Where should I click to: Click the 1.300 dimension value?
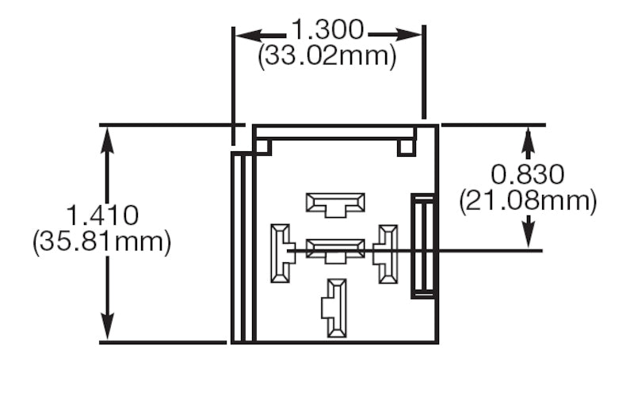coord(327,31)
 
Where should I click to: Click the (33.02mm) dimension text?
coord(327,57)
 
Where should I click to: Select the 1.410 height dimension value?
coord(102,215)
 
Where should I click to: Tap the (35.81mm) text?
coord(102,242)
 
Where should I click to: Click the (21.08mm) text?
coord(528,200)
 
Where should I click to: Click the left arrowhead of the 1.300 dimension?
coord(241,36)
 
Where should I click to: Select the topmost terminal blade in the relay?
coord(336,203)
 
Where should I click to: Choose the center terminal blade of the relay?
coord(336,250)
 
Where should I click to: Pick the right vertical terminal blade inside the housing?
coord(388,253)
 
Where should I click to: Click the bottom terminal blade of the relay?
coord(336,306)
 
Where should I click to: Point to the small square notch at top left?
coord(264,146)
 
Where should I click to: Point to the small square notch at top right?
coord(406,146)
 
